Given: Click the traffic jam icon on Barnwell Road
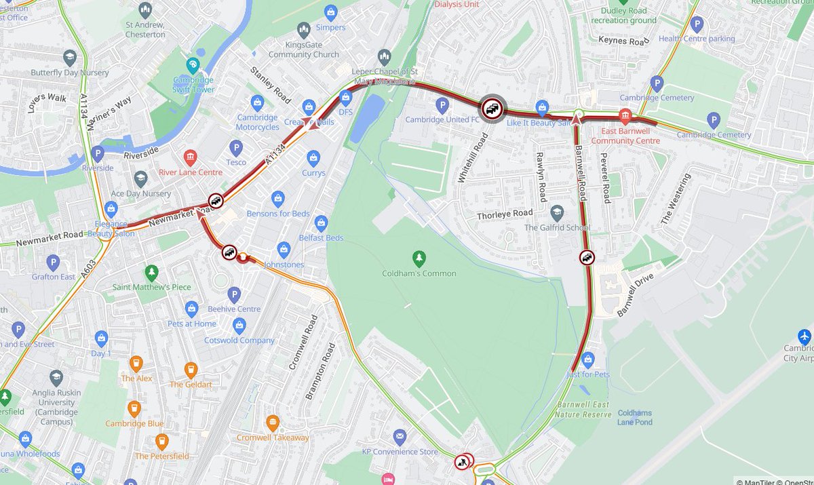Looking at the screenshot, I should (587, 257).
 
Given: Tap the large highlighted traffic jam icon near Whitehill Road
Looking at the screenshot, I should (492, 108).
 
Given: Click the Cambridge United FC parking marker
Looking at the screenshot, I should (442, 105).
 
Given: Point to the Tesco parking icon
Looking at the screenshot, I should (236, 147).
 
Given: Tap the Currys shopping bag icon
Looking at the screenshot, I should (313, 158).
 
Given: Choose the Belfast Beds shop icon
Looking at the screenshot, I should (321, 223).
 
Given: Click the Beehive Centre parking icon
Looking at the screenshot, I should (234, 294).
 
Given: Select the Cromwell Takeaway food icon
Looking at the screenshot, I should (273, 423).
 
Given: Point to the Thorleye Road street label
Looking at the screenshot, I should (505, 213).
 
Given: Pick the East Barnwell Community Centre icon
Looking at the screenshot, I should (625, 117).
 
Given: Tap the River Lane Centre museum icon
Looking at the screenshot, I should (190, 158).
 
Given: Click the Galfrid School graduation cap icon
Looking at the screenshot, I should (557, 213).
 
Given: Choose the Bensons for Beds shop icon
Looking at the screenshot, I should (277, 199).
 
